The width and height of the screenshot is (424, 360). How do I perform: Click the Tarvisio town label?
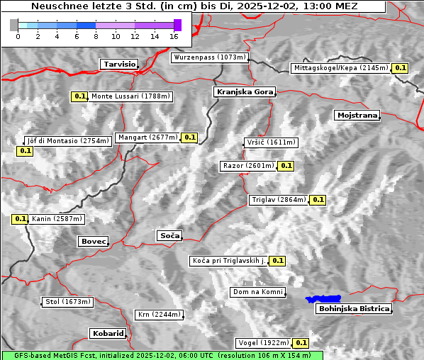pos(118,64)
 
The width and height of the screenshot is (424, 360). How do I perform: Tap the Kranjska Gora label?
pos(244,92)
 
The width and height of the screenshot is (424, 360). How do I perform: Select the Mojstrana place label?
pos(357,115)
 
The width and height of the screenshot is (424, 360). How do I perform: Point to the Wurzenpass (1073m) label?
pos(209,57)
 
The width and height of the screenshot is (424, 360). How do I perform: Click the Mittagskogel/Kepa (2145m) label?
pos(341,68)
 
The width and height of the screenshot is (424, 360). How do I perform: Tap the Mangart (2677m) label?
pos(147,137)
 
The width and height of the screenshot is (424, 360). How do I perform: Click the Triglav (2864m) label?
pos(279,200)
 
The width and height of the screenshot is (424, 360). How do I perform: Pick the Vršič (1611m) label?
pos(269,142)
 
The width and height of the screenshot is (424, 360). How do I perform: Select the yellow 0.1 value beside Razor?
pos(286,166)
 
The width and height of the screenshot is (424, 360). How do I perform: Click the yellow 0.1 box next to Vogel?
pos(301,343)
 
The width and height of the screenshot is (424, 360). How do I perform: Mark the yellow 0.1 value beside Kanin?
pos(20,219)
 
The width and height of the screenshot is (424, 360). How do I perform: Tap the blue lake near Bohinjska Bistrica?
pos(323,300)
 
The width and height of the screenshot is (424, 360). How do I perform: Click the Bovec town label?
pos(93,242)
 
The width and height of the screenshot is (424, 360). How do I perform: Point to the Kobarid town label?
pos(108,333)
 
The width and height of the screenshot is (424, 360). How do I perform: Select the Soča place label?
pos(169,235)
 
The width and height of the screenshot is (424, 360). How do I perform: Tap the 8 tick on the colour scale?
pos(96,35)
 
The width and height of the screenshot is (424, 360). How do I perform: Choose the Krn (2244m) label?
pos(159,315)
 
